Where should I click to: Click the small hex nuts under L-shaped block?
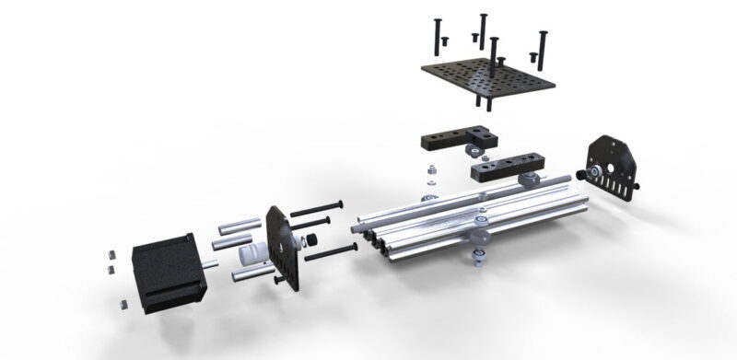(x=429, y=175)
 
